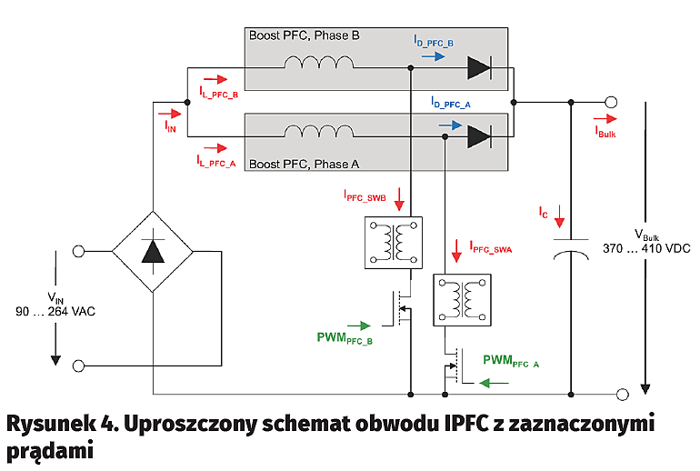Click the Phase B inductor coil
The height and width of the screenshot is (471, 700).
(319, 64)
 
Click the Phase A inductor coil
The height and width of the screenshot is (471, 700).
(319, 133)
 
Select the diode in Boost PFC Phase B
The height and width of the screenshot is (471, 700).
(478, 66)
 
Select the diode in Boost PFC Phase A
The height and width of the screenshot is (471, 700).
(478, 136)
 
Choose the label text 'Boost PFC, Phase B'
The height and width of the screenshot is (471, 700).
(304, 35)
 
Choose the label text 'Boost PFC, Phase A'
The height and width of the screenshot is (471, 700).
(304, 164)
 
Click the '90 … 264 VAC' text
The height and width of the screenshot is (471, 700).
(55, 311)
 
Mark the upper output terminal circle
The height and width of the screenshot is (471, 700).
(612, 102)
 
